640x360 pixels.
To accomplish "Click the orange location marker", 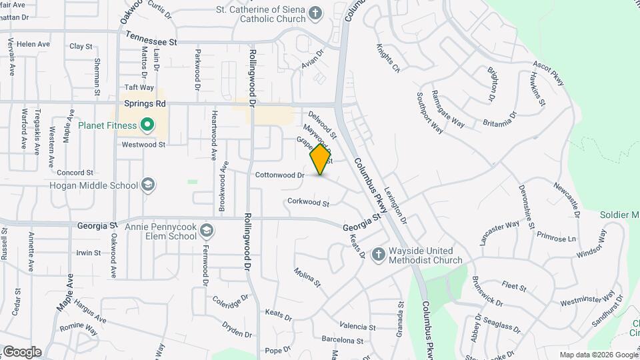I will coord(320,159).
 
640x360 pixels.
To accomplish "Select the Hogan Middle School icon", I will coord(148,185).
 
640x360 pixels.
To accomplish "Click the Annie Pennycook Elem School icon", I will coord(207,230).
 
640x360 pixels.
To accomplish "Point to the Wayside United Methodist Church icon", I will coord(378,254).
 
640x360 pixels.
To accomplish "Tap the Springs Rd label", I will coord(145,104).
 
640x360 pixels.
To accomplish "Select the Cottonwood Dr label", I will coord(279,175).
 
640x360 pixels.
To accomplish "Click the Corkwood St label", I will coord(308,201).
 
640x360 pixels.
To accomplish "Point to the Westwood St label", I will coord(143,144).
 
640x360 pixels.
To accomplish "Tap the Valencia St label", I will coord(357,326).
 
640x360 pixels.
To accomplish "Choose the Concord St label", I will coord(71,172).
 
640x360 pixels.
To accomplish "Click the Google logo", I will coord(22,352).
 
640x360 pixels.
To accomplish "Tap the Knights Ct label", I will coord(387,59).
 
